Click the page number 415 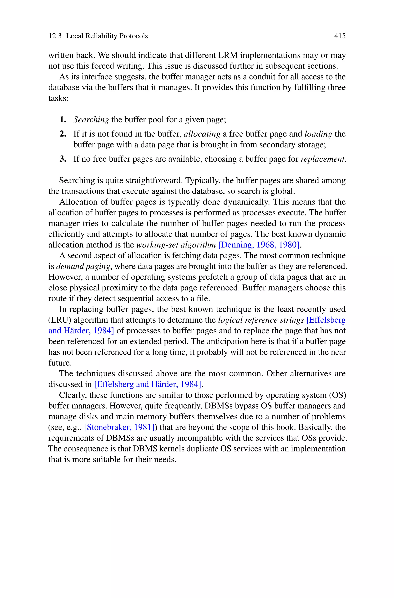[x=340, y=36]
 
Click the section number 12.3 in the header [x=55, y=36]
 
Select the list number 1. [x=63, y=120]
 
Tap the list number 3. [x=63, y=159]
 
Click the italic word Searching [x=91, y=120]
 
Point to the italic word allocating [x=202, y=134]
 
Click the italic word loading [x=318, y=134]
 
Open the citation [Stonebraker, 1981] [x=119, y=427]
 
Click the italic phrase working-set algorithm [x=176, y=245]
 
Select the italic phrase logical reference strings [x=261, y=320]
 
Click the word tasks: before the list [x=58, y=98]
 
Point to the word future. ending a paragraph [x=60, y=363]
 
